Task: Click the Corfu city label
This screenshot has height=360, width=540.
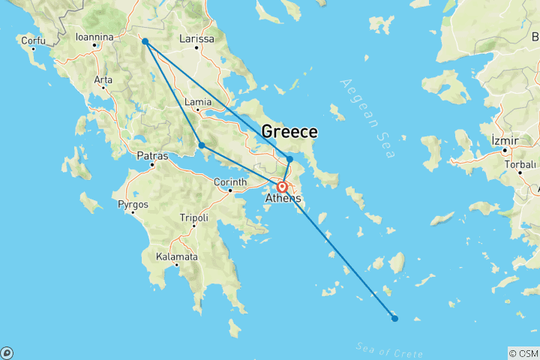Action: click(33, 40)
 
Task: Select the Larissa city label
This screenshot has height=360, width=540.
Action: click(197, 39)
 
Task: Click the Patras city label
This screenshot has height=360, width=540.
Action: click(152, 156)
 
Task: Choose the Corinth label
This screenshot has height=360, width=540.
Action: click(231, 182)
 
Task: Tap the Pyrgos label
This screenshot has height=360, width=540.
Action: click(133, 204)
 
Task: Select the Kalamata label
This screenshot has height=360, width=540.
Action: click(177, 256)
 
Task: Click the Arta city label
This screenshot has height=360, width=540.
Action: click(103, 79)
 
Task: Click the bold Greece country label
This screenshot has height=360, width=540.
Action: click(289, 132)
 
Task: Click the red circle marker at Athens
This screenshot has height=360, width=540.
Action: click(282, 187)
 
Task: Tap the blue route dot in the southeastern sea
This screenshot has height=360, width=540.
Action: click(395, 319)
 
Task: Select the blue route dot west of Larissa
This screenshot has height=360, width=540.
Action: click(145, 42)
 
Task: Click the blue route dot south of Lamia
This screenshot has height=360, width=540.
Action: click(202, 145)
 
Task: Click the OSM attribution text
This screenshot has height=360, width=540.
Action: click(523, 353)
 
